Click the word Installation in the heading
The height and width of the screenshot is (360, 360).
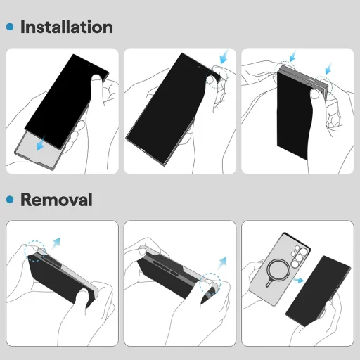66,27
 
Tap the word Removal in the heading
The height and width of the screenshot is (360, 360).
56,200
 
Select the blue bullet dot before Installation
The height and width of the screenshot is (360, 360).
10,27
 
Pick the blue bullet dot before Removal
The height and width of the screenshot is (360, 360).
10,200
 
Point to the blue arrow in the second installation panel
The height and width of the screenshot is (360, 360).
224,56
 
